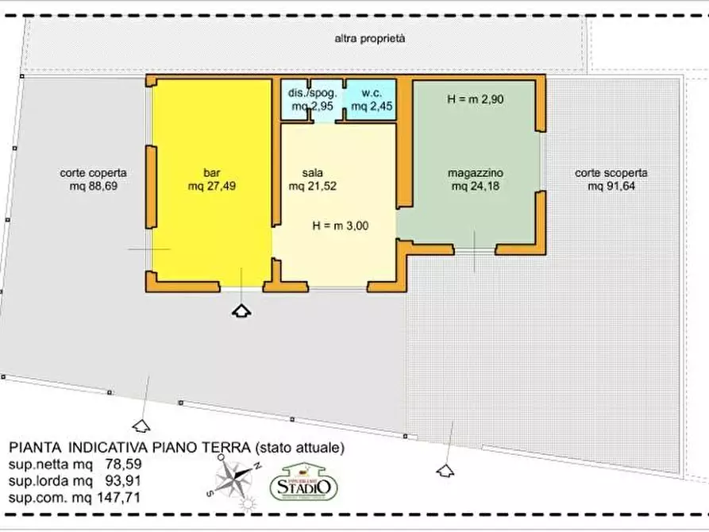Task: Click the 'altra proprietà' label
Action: click(370, 37)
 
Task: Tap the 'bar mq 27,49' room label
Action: click(211, 179)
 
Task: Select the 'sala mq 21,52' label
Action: click(312, 179)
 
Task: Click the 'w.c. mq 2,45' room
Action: click(369, 99)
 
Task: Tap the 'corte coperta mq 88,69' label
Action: click(93, 179)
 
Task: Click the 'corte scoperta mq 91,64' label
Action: click(611, 179)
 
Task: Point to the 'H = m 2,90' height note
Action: click(474, 100)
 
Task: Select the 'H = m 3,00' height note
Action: click(340, 225)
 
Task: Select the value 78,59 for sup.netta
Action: click(123, 465)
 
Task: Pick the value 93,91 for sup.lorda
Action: click(123, 480)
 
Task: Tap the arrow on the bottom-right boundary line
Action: click(443, 470)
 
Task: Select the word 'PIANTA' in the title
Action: click(34, 448)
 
